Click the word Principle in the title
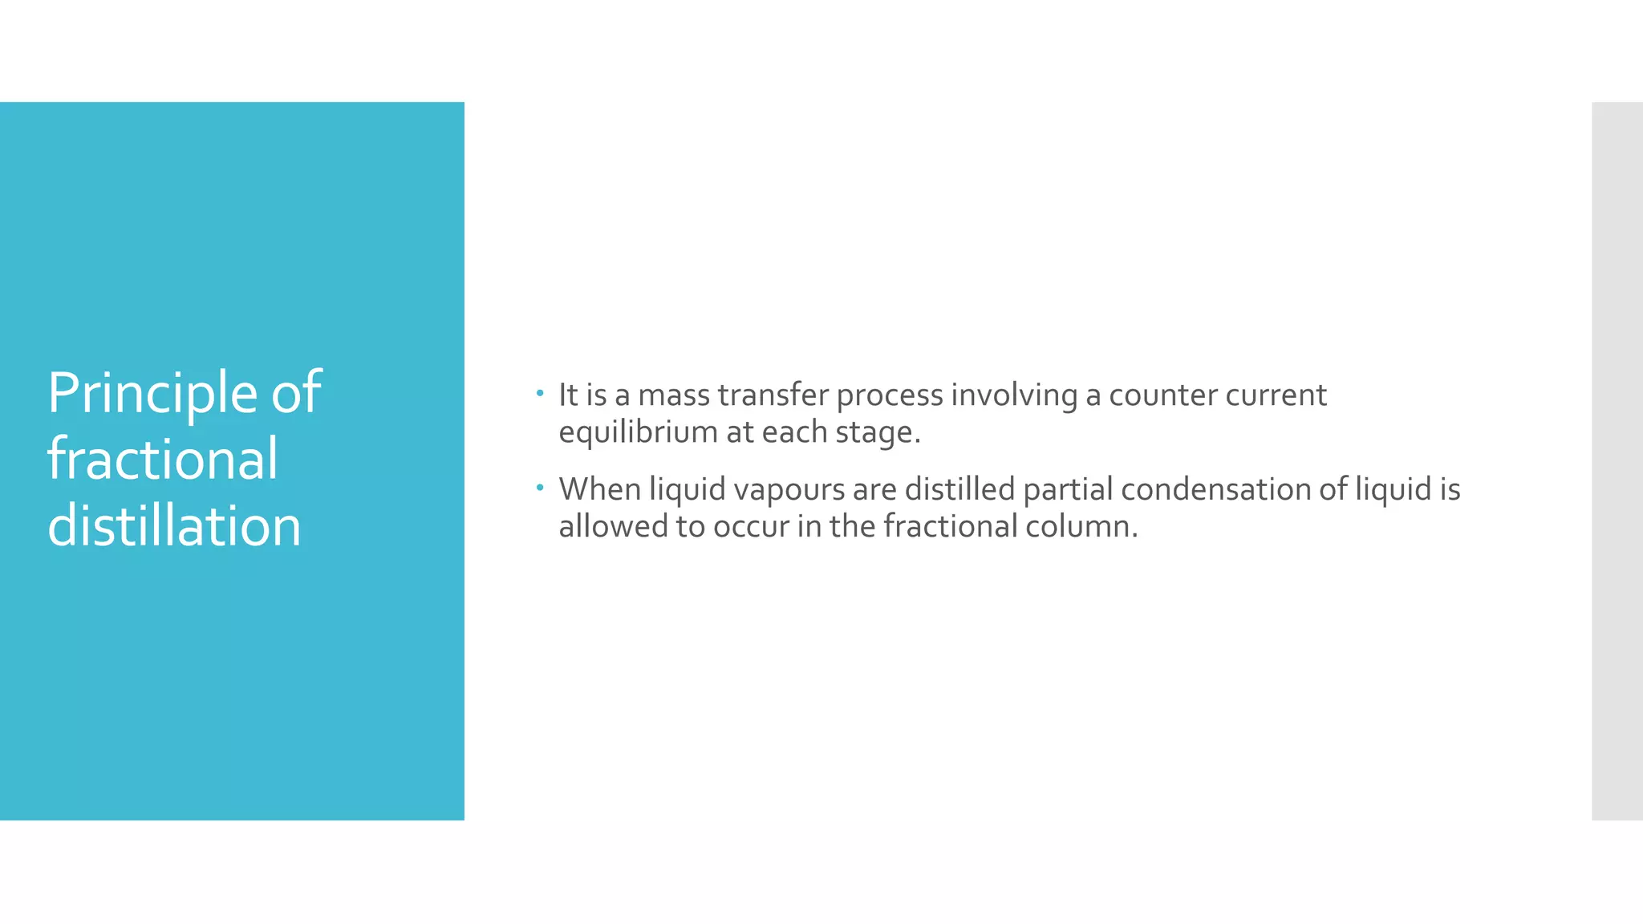[152, 394]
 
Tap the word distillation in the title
[174, 526]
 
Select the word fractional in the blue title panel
[163, 460]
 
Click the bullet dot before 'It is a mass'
[540, 393]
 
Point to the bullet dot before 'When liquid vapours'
[540, 487]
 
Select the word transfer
[773, 395]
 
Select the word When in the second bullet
[599, 489]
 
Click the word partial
[1068, 489]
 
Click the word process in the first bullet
[890, 395]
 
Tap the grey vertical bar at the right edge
[1617, 460]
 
